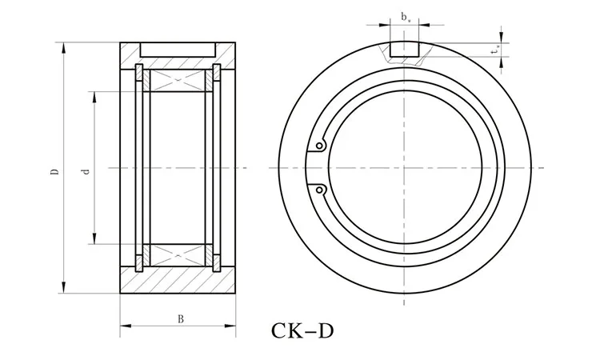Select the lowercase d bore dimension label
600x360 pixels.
[x=85, y=170]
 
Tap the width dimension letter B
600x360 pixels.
[x=182, y=318]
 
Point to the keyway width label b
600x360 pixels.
[x=406, y=16]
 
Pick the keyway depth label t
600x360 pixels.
[x=496, y=50]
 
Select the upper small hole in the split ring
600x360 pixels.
[x=319, y=146]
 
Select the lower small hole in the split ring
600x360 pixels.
[x=319, y=190]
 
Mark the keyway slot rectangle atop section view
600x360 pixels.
[x=178, y=49]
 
